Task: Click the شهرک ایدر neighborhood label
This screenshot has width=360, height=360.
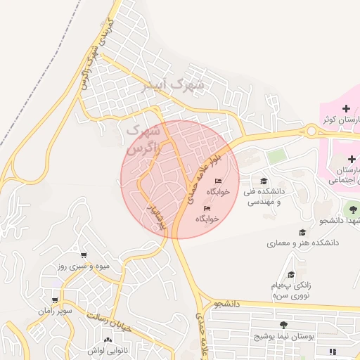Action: point(172,85)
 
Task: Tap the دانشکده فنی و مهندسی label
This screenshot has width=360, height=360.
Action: point(263,195)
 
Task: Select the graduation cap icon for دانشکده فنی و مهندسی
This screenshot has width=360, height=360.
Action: point(264,181)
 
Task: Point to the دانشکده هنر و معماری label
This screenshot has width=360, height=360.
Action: point(302,243)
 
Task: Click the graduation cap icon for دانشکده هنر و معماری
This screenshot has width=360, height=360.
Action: point(302,232)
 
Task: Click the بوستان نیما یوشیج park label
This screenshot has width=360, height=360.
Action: point(285,337)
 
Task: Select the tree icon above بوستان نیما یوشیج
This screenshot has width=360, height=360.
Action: point(283,325)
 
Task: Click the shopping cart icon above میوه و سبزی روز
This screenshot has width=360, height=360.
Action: point(84,255)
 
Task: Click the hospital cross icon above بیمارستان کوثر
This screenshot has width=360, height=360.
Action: point(345,108)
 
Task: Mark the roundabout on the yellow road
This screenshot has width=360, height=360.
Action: point(311,130)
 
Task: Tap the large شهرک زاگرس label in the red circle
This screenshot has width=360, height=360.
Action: point(145,139)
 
